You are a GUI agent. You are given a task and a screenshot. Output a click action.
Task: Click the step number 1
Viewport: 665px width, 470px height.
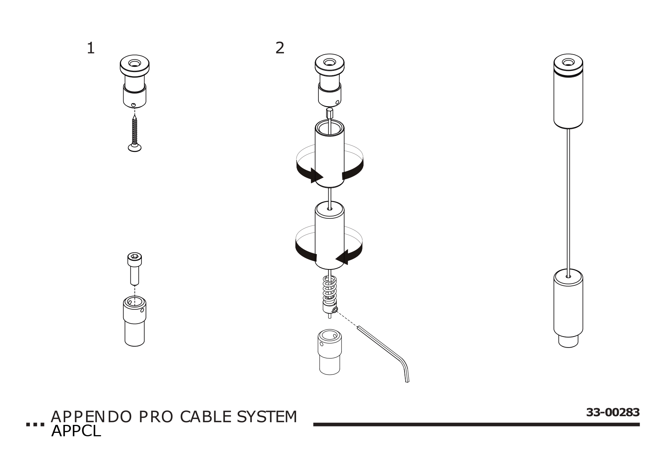point(90,49)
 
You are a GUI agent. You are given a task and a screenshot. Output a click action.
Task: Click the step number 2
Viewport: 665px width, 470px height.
point(279,48)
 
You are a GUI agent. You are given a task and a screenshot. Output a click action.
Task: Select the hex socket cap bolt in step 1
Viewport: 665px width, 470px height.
point(133,269)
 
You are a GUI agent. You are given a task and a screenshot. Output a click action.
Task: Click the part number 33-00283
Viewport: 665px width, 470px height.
point(613,412)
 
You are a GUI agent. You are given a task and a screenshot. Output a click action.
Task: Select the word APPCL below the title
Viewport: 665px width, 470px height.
point(76,431)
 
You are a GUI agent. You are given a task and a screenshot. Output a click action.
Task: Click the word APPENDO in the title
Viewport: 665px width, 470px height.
point(91,417)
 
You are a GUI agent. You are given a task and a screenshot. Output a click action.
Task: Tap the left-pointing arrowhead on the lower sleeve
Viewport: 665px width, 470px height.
point(343,258)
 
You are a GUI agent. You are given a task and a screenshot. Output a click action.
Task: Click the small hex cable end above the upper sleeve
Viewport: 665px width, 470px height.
point(329,113)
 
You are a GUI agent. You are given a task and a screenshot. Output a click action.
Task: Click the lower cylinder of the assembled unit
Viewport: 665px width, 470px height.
point(568,307)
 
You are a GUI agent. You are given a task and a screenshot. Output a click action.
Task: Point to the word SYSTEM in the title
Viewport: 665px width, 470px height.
point(267,417)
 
